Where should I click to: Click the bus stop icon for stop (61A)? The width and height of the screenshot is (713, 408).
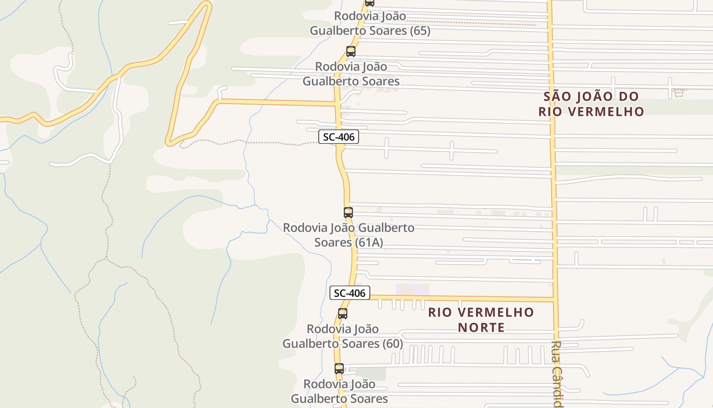coord(348,213)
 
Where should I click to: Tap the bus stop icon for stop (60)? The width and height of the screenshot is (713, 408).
coord(343,314)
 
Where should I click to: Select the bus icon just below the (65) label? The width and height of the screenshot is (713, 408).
coord(351,52)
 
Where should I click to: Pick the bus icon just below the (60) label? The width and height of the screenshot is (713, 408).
coord(339,368)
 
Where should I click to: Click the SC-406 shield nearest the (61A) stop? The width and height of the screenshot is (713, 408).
coord(339,137)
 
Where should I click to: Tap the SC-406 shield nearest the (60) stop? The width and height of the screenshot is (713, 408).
coord(349,293)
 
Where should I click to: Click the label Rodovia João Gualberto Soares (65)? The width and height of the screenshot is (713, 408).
coord(370,23)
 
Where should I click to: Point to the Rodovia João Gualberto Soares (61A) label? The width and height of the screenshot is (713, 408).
coord(349,235)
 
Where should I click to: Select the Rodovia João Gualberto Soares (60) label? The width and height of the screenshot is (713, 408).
coord(343,336)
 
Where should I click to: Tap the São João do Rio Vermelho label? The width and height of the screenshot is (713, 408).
coord(591,104)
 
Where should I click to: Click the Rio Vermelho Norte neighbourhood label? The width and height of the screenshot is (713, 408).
coord(481,320)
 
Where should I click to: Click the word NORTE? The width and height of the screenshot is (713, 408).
coord(481,327)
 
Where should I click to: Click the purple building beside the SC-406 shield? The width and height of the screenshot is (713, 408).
coord(413,289)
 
